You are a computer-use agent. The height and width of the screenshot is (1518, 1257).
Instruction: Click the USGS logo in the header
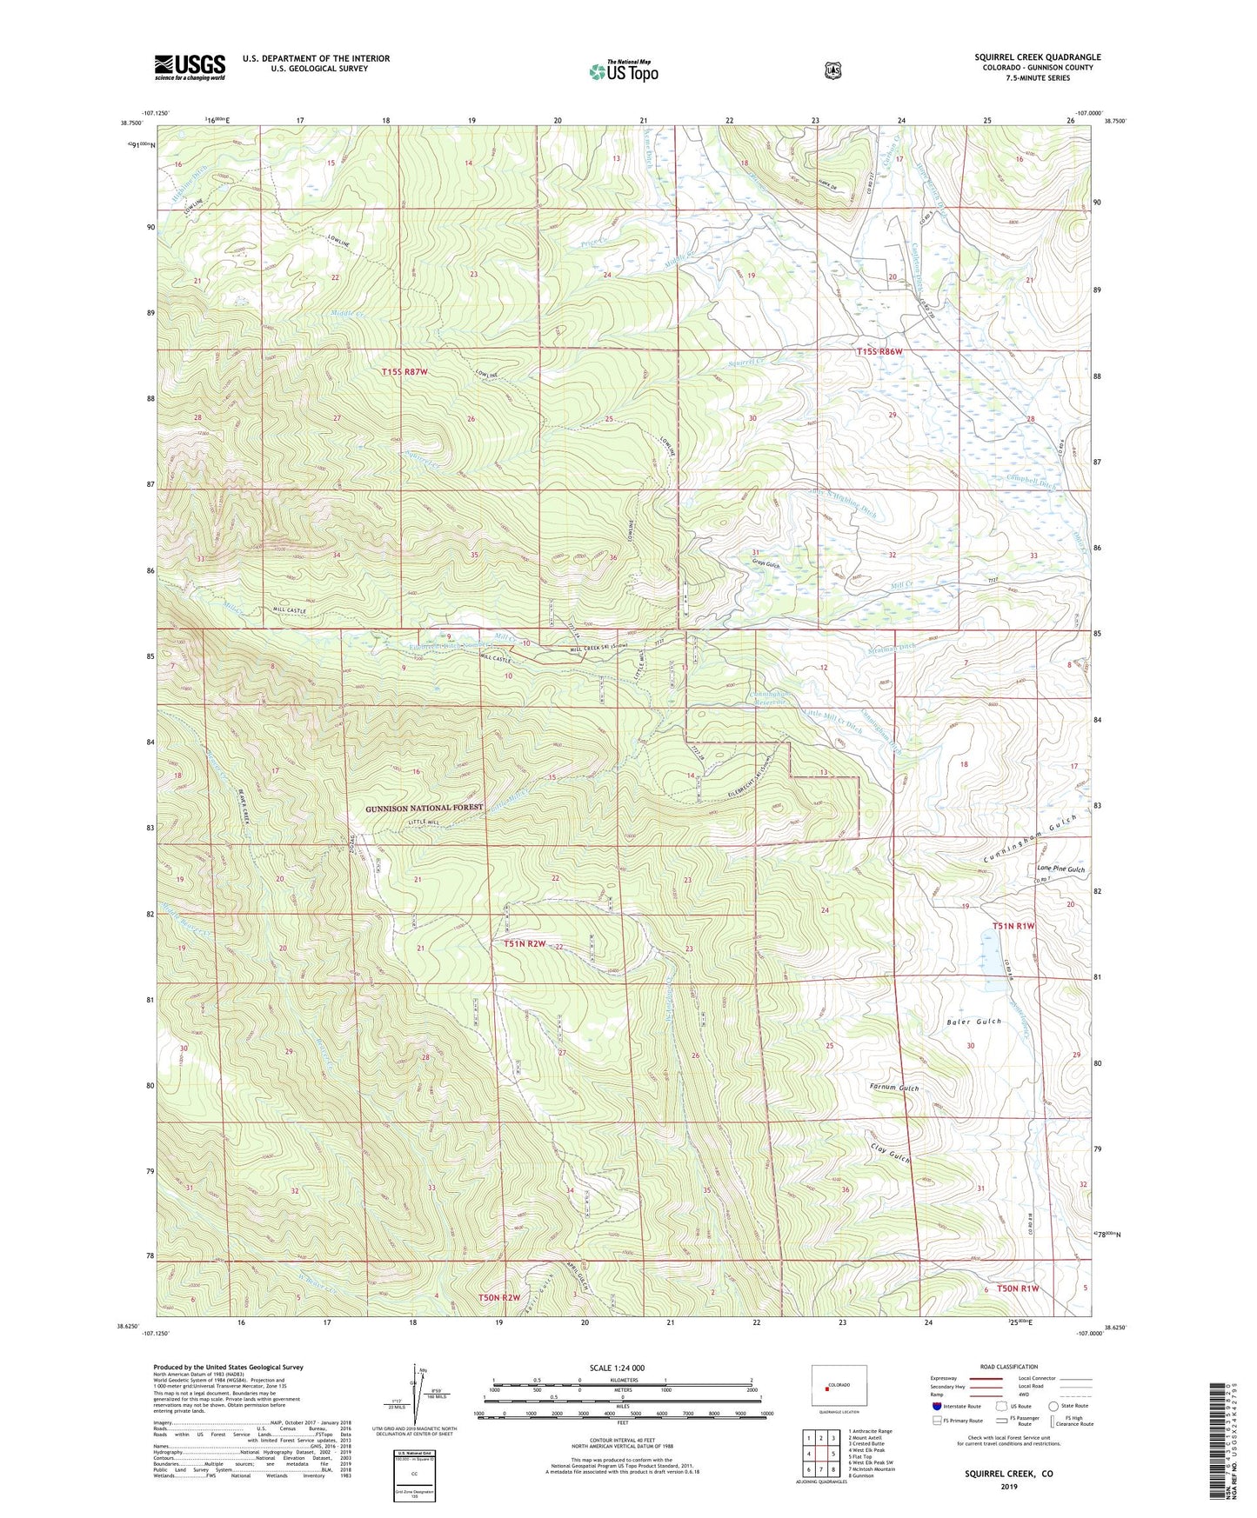(x=190, y=67)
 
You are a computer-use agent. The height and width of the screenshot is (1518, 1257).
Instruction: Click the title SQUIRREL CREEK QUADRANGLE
(x=1037, y=57)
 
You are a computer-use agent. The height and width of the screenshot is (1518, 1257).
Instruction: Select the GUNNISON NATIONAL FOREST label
(x=424, y=808)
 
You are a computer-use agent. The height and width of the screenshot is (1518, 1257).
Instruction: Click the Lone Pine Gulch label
(x=1060, y=869)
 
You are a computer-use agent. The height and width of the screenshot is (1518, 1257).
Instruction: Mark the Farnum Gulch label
(x=894, y=1088)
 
